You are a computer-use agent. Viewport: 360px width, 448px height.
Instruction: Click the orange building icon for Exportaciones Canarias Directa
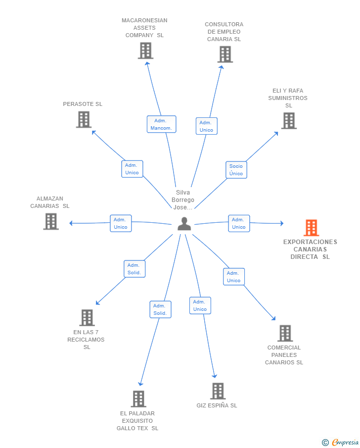point(311,227)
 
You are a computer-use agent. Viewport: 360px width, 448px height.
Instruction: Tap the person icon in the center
point(184,224)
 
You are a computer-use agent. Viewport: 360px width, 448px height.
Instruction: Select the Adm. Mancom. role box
point(161,124)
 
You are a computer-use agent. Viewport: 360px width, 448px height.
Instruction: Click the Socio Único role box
point(236,170)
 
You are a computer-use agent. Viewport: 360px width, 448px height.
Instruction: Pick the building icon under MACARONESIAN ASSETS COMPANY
point(145,50)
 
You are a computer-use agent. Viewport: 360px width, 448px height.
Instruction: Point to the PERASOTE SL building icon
point(84,119)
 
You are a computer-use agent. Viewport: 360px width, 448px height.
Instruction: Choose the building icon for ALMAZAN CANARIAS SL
point(51,221)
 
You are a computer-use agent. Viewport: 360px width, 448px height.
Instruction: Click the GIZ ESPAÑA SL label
point(217,405)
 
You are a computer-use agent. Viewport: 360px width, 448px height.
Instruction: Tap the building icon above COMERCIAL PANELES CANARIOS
point(285,333)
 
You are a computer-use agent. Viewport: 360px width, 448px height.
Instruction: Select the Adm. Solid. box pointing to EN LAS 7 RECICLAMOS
point(135,269)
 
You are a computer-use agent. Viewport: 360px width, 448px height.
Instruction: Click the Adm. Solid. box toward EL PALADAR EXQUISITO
point(160,309)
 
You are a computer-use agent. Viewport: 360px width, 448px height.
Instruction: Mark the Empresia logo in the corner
point(340,442)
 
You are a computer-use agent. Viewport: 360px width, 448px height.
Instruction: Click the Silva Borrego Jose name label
point(182,199)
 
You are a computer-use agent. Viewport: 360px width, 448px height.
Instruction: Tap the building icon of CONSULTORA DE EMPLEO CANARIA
point(225,54)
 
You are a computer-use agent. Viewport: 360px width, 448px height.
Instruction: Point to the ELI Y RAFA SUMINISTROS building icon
point(289,121)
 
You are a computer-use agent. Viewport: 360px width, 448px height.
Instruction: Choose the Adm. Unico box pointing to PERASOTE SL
point(132,169)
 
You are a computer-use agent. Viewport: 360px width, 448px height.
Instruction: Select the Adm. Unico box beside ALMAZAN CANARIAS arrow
point(121,223)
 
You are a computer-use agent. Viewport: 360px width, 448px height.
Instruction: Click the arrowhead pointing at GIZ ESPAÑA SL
point(215,376)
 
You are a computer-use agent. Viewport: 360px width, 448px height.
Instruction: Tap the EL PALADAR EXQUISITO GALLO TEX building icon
point(138,399)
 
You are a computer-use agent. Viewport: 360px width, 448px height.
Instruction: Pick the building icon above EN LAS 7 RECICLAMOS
point(87,318)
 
